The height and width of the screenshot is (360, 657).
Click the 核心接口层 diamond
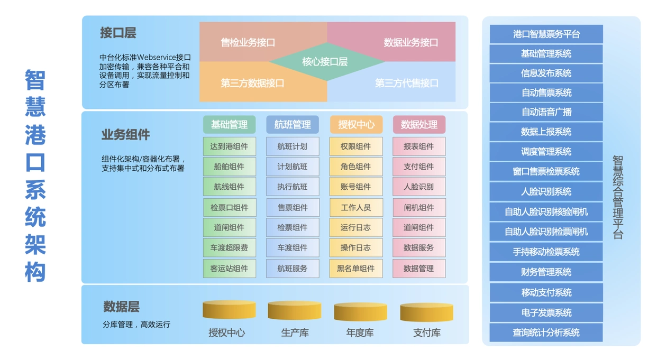pyautogui.click(x=325, y=62)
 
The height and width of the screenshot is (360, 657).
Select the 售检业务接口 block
pyautogui.click(x=248, y=42)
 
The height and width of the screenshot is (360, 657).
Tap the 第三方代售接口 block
pyautogui.click(x=406, y=83)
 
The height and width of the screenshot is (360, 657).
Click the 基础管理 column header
pyautogui.click(x=229, y=125)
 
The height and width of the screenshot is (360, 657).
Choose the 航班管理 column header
pyautogui.click(x=293, y=125)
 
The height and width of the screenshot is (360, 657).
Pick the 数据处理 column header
pyautogui.click(x=419, y=125)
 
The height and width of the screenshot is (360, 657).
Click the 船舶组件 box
pyautogui.click(x=229, y=167)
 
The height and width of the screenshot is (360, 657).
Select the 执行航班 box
pyautogui.click(x=293, y=187)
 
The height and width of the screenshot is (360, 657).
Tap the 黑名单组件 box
pyautogui.click(x=355, y=268)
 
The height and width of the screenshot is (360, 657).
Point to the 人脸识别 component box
pyautogui.click(x=419, y=187)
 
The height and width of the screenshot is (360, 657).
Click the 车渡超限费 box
pyautogui.click(x=229, y=247)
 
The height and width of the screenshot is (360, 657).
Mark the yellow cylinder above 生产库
pyautogui.click(x=295, y=310)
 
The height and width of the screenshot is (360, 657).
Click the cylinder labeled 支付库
pyautogui.click(x=426, y=312)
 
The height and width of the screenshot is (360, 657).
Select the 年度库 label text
pyautogui.click(x=360, y=333)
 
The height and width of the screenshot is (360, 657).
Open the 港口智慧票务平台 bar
pyautogui.click(x=546, y=34)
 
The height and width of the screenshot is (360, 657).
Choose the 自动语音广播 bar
pyautogui.click(x=546, y=112)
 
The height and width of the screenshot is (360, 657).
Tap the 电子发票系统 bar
pyautogui.click(x=546, y=312)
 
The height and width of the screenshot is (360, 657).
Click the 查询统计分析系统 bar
pyautogui.click(x=546, y=333)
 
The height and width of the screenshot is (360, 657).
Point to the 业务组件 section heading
pyautogui.click(x=125, y=135)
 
